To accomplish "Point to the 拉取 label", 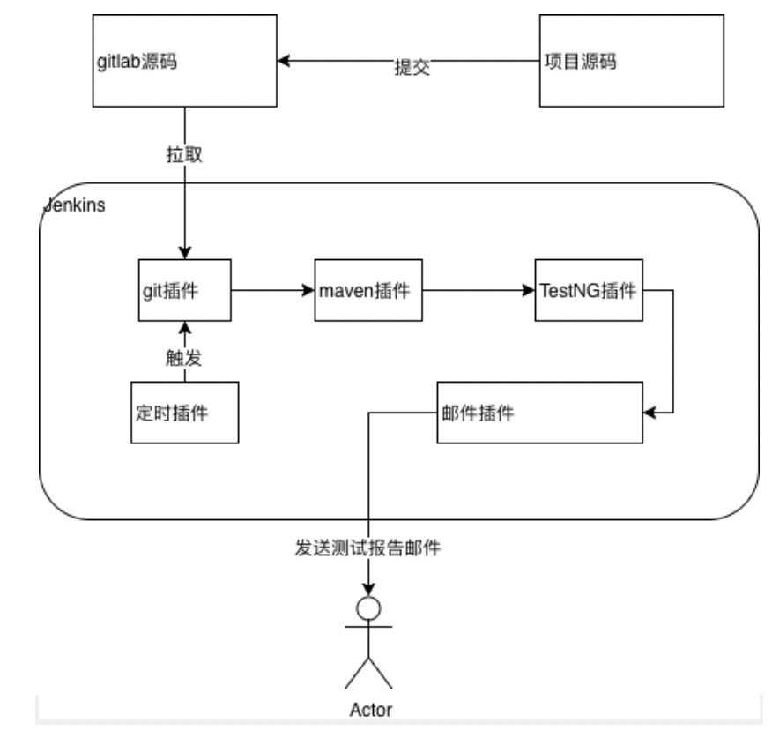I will [185, 153].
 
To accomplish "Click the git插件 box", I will [184, 290].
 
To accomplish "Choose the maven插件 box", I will [369, 290].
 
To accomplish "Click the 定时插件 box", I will [184, 413].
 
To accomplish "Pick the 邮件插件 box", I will [540, 413].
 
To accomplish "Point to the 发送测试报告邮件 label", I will [367, 548].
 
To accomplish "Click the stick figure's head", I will [367, 607].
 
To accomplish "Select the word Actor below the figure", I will [369, 709].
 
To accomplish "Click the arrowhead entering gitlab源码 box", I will [284, 61].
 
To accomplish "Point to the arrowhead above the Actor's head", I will [367, 589].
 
